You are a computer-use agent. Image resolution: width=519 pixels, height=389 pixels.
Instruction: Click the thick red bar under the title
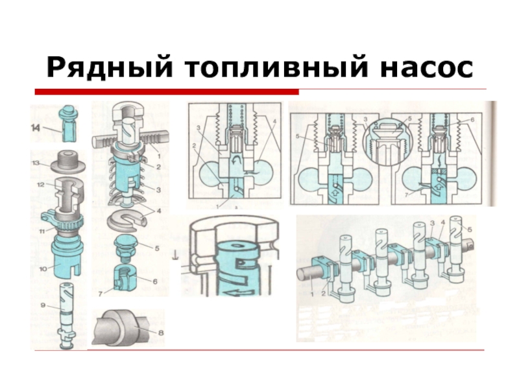[167, 91]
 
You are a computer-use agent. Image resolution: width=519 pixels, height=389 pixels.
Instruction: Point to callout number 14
[36, 127]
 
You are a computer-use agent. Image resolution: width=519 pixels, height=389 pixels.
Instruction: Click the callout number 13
[36, 163]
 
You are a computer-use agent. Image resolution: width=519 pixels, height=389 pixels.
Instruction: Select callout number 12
[41, 185]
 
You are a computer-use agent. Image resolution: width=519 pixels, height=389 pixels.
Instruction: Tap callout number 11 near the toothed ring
[42, 231]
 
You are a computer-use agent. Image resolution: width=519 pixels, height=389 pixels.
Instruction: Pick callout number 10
[43, 268]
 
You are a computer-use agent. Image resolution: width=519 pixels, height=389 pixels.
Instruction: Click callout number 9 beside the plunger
[43, 305]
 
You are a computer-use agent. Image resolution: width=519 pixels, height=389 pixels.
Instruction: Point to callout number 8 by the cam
[160, 333]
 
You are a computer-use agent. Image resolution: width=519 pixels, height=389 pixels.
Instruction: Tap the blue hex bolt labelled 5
[127, 244]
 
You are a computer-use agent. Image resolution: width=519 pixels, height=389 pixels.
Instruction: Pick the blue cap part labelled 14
[68, 123]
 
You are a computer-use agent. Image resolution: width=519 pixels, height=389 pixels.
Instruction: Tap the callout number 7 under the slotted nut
[101, 292]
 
